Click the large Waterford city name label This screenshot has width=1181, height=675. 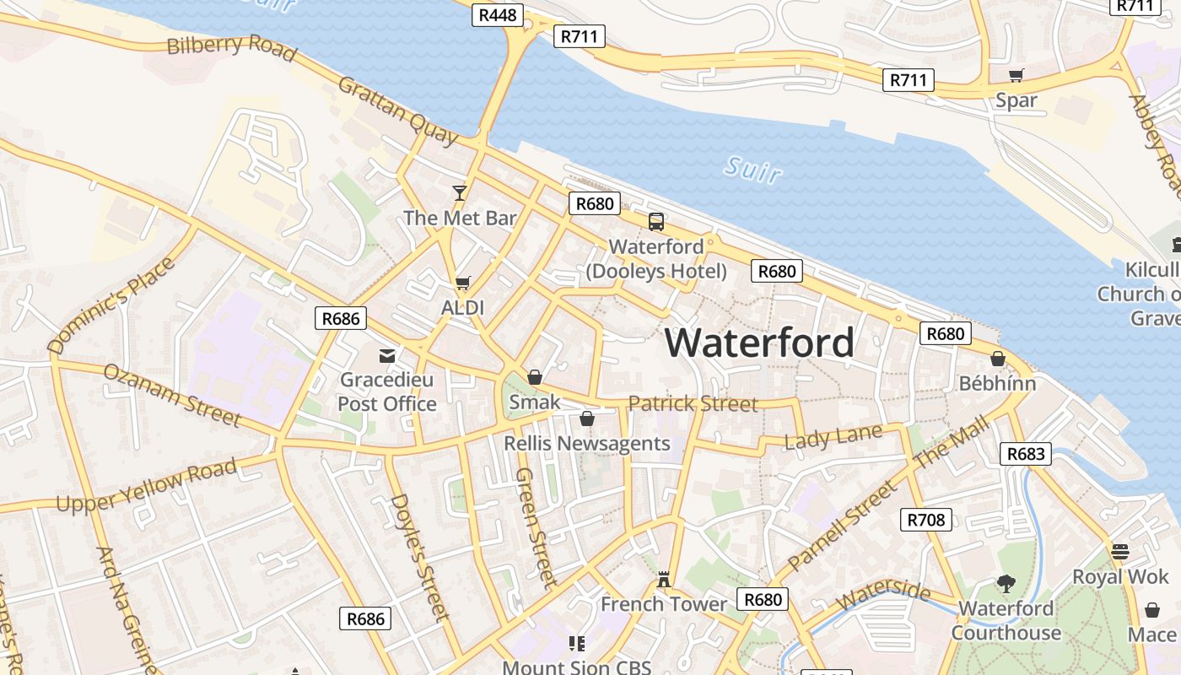tap(759, 343)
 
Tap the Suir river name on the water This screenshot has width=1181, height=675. tap(752, 169)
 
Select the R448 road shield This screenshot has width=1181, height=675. tap(498, 14)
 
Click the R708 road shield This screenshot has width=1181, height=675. tap(925, 520)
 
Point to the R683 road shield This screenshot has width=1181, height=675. tap(1026, 453)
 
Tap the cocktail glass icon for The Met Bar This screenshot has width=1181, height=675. tap(459, 193)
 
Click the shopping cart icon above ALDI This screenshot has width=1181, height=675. tap(462, 283)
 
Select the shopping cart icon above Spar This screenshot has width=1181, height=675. tap(1017, 76)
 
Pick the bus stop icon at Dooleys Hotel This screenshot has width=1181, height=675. tap(655, 222)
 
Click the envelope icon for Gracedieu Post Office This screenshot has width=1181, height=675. tap(387, 356)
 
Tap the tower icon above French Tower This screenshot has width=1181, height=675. tap(664, 580)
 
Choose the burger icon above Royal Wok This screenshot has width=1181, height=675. tap(1120, 552)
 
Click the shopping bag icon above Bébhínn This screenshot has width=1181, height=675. tap(998, 359)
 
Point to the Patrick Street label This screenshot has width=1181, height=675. tap(693, 403)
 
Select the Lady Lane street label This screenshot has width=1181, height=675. tap(833, 437)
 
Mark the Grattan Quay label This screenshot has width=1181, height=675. tap(398, 110)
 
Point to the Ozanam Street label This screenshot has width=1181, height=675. tap(172, 394)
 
